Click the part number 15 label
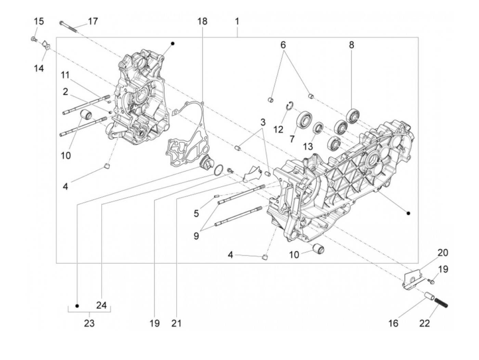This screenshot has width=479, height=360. click(39, 21)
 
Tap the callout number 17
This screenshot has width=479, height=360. click(92, 21)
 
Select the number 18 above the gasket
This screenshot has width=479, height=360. click(202, 21)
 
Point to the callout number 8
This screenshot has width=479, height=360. click(351, 45)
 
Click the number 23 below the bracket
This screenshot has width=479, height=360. click(89, 323)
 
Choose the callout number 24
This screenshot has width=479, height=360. click(101, 305)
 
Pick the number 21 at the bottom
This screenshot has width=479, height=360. click(176, 323)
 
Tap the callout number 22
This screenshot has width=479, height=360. click(424, 323)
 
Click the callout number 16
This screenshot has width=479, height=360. click(393, 323)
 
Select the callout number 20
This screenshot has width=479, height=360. click(443, 253)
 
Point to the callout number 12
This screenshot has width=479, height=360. click(278, 129)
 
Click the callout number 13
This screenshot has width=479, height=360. click(308, 146)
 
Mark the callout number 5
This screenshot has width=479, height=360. click(196, 214)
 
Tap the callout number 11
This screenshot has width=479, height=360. click(65, 75)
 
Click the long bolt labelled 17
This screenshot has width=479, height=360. click(69, 26)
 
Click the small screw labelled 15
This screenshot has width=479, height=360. click(34, 39)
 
